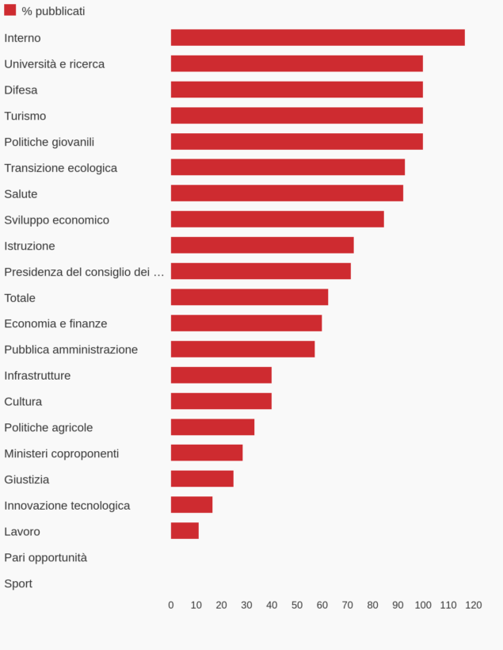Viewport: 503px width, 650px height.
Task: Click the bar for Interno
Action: pyautogui.click(x=318, y=38)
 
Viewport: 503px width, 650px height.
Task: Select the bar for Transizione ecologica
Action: pyautogui.click(x=288, y=167)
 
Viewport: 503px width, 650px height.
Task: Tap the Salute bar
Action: pyautogui.click(x=287, y=193)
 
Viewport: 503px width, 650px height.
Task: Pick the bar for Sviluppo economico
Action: pyautogui.click(x=277, y=220)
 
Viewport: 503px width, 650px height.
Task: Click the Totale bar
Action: pyautogui.click(x=250, y=297)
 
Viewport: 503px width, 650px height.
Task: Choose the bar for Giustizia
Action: pyautogui.click(x=202, y=479)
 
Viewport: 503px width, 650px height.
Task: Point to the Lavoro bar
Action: pyautogui.click(x=185, y=531)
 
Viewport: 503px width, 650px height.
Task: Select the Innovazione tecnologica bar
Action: pyautogui.click(x=192, y=505)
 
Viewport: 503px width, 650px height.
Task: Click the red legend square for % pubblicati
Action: pyautogui.click(x=10, y=10)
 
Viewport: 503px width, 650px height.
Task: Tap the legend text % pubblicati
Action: pyautogui.click(x=53, y=11)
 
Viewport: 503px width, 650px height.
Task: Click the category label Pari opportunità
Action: pyautogui.click(x=46, y=557)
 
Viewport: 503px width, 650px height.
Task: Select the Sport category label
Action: pyautogui.click(x=18, y=583)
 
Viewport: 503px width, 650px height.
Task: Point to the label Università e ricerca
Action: pyautogui.click(x=54, y=64)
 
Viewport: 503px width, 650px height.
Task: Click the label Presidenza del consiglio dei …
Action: pyautogui.click(x=84, y=272)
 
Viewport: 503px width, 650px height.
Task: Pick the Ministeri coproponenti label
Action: pyautogui.click(x=62, y=453)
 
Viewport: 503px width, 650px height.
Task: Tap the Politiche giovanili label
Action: pyautogui.click(x=49, y=142)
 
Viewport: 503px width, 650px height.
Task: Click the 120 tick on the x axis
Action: pyautogui.click(x=473, y=605)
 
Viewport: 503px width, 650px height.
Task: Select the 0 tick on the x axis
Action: pyautogui.click(x=171, y=605)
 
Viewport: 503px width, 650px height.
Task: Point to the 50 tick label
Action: pyautogui.click(x=297, y=605)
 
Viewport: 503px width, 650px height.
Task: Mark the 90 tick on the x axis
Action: pyautogui.click(x=398, y=605)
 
